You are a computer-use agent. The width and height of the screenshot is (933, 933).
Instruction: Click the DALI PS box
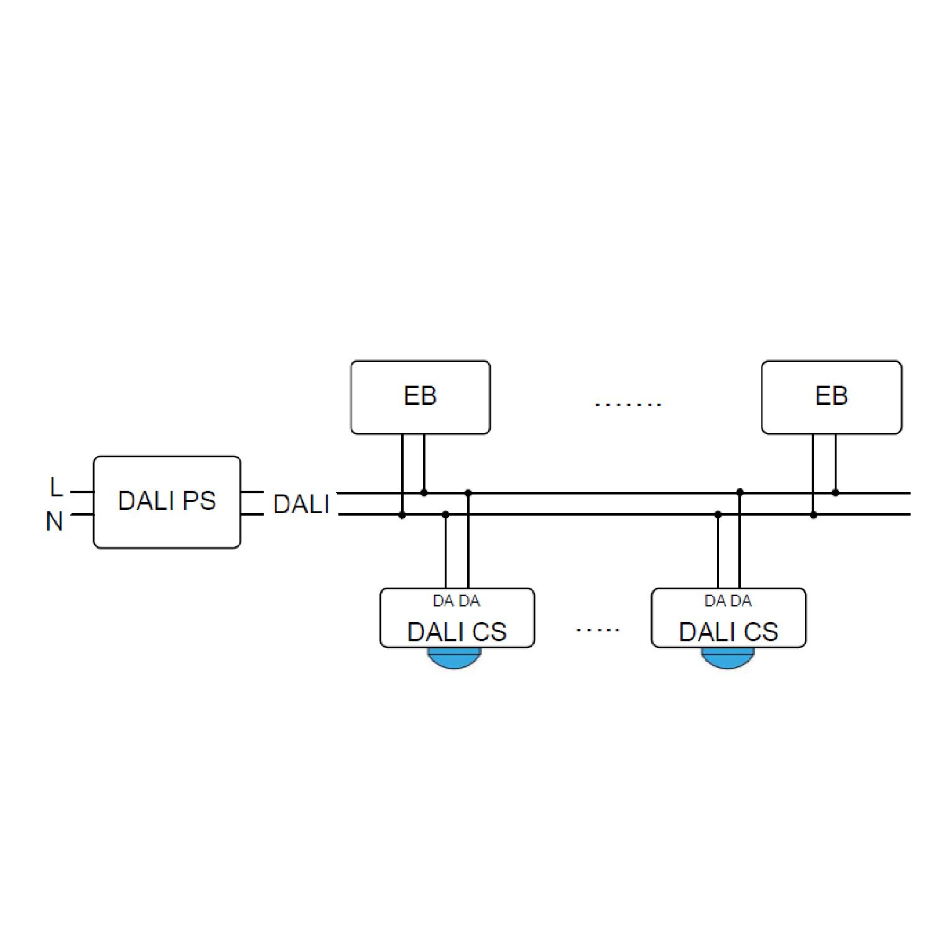(167, 502)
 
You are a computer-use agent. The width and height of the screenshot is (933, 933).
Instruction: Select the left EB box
(420, 397)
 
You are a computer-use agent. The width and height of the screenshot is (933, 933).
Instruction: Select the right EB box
(832, 397)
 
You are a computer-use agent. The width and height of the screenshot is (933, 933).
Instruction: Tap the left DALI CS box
(457, 618)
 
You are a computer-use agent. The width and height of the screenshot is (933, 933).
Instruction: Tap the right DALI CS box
(728, 618)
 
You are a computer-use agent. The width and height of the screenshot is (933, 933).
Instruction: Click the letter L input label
(56, 487)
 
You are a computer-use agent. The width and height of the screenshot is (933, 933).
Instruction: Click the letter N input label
(55, 521)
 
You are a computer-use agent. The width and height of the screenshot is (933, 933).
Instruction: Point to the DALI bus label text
(301, 504)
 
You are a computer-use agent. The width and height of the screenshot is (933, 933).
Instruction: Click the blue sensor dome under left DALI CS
(455, 658)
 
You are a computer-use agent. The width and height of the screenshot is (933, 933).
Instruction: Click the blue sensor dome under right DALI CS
(728, 658)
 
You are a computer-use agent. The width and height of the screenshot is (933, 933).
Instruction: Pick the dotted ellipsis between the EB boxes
(628, 404)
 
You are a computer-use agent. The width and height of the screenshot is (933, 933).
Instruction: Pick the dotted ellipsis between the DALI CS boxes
(598, 630)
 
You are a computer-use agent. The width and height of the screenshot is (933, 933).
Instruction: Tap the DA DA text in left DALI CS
(457, 601)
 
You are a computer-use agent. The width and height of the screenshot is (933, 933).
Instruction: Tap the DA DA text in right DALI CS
(728, 601)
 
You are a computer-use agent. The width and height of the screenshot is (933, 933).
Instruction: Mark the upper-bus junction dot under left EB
(424, 493)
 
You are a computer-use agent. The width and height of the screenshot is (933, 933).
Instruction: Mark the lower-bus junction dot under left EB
(402, 515)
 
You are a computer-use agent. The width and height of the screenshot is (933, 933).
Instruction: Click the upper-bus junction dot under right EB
(835, 493)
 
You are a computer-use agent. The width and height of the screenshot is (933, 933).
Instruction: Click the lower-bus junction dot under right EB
(814, 515)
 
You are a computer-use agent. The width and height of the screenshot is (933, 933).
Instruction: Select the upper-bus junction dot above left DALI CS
(468, 493)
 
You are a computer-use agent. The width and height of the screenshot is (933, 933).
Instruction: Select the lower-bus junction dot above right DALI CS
(718, 515)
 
